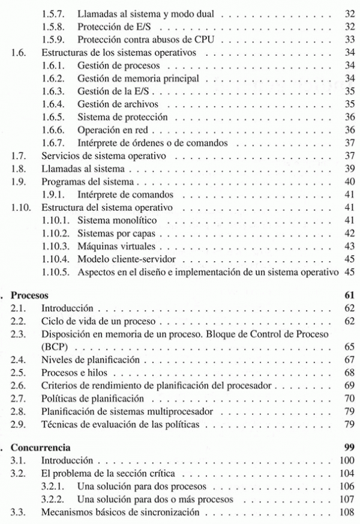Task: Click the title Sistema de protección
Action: click(122, 117)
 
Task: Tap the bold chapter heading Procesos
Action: click(31, 295)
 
